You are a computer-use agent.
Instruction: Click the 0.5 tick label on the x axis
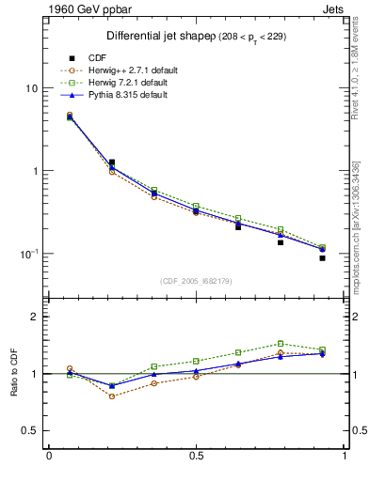click(x=197, y=457)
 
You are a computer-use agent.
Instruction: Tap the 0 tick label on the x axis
click(x=49, y=457)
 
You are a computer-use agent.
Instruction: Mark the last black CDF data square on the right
click(x=322, y=257)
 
